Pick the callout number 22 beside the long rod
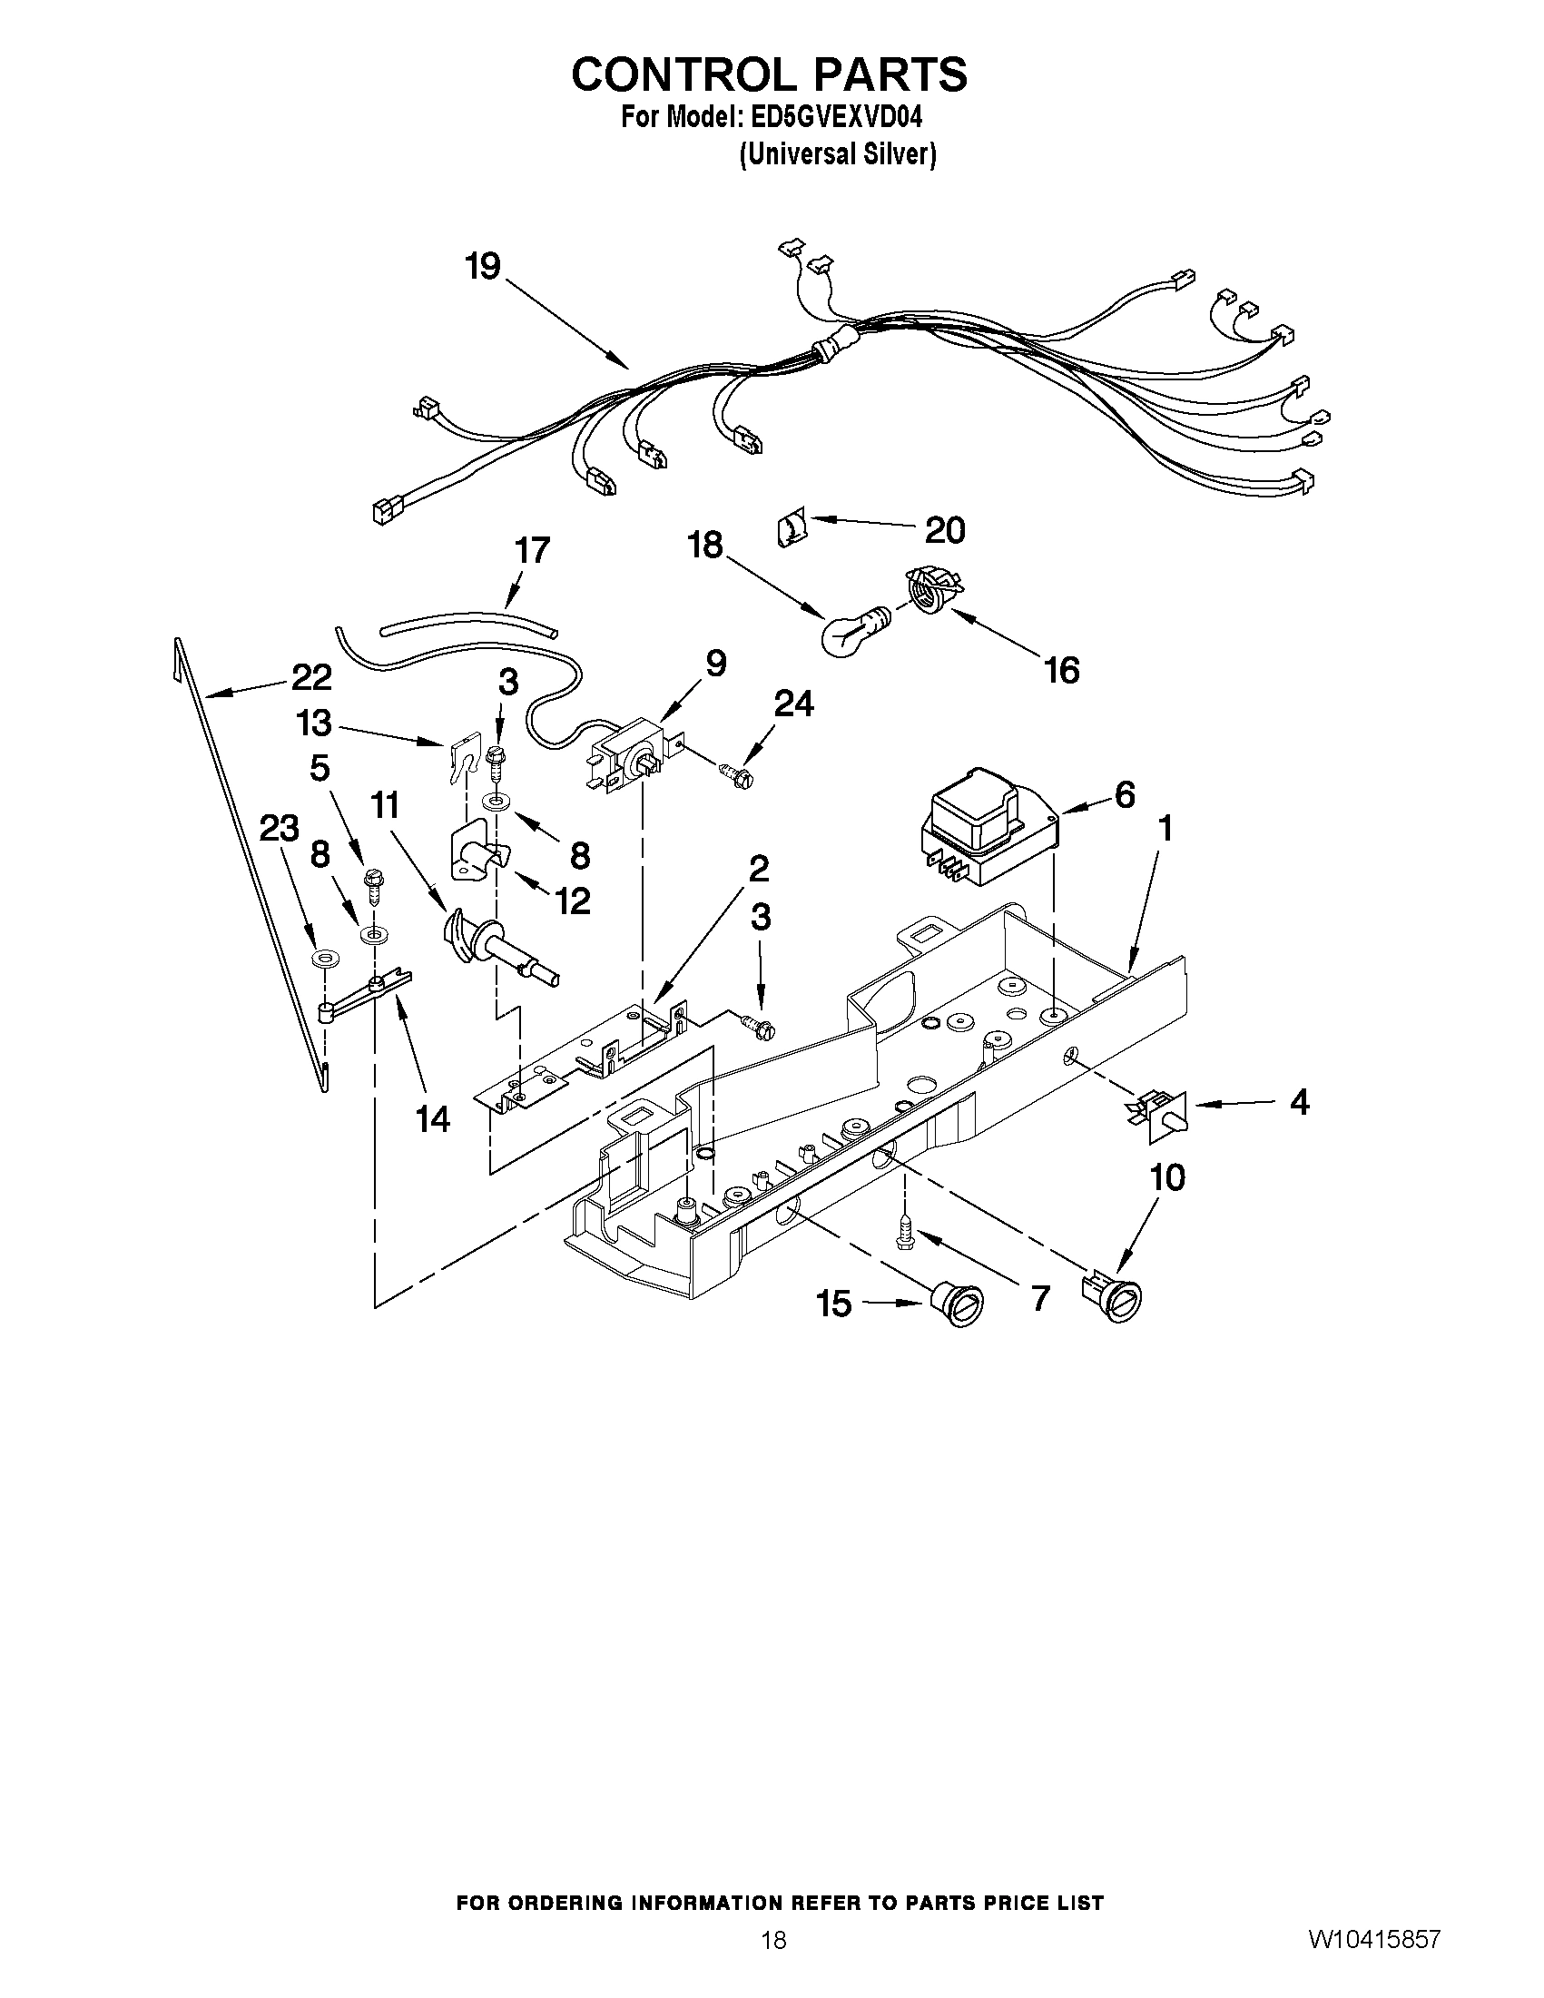[311, 678]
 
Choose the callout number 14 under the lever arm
[433, 1118]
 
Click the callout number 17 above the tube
[531, 551]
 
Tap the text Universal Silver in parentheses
[838, 155]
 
